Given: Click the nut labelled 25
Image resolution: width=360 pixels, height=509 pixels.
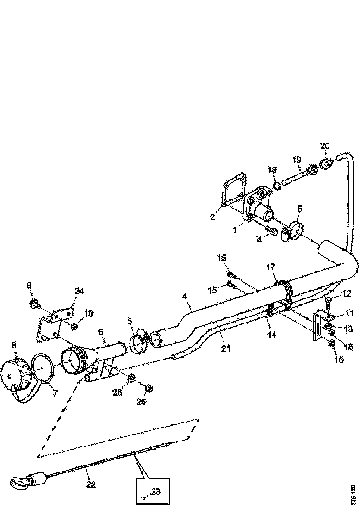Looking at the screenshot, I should pyautogui.click(x=149, y=388).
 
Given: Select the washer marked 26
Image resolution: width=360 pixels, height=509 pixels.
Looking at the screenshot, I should pyautogui.click(x=131, y=379).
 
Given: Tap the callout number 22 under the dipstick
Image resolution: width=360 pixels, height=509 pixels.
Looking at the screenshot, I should pyautogui.click(x=91, y=484).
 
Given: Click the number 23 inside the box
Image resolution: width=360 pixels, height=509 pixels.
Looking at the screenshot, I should pyautogui.click(x=156, y=491).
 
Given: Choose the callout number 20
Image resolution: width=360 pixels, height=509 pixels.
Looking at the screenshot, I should pyautogui.click(x=325, y=146).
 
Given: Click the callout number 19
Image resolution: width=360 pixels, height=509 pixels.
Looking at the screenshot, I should pyautogui.click(x=297, y=160).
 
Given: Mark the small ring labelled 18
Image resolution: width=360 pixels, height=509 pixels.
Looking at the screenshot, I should pyautogui.click(x=277, y=186).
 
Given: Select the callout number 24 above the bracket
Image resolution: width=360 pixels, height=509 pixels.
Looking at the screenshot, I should pyautogui.click(x=80, y=291).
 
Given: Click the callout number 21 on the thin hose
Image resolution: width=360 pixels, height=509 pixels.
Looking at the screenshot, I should pyautogui.click(x=225, y=348).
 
